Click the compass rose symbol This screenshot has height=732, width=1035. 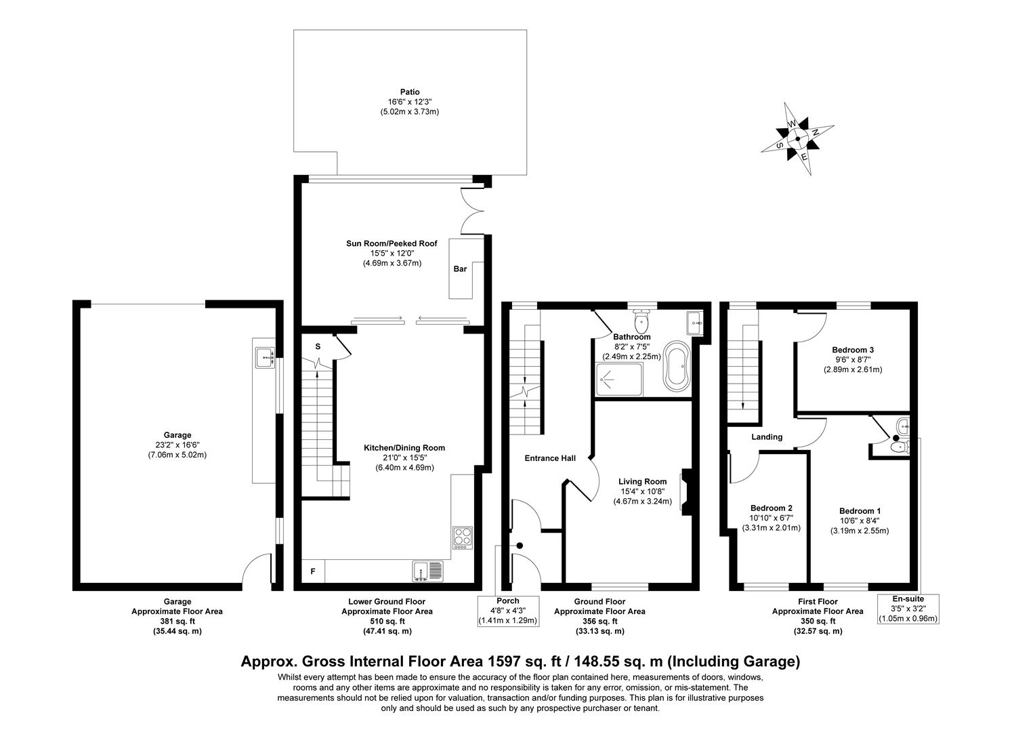pos(798,140)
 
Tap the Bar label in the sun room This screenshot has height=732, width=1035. pos(460,269)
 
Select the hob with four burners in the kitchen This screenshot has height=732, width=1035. pos(463,537)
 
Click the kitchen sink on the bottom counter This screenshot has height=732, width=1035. pos(427,571)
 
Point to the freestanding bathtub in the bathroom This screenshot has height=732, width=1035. pos(676,366)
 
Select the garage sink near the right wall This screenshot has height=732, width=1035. pos(264,357)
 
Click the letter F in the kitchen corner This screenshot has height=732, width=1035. pos(313,571)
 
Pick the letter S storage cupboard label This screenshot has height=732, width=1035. pos(318,346)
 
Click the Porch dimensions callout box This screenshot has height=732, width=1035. pos(508,611)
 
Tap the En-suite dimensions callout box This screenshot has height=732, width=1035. pos(908,609)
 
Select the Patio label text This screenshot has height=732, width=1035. pos(409,92)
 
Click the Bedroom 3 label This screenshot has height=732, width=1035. pos(852,350)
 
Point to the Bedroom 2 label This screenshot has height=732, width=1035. pos(771,508)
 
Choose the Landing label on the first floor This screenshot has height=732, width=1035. pos(767,437)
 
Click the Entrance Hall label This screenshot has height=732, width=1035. pos(550,458)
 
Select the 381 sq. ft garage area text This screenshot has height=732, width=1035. pos(177,621)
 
